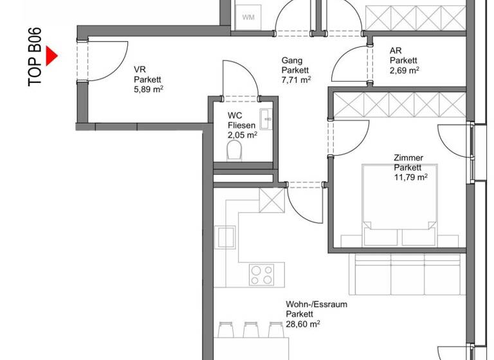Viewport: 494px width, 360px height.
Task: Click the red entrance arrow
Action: (x=52, y=57)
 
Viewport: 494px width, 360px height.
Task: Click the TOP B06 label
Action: (x=35, y=57)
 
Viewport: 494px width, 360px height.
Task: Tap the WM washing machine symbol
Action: (x=248, y=17)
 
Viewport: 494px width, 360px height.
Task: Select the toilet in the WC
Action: (x=235, y=151)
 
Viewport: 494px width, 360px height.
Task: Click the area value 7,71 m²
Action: (x=296, y=80)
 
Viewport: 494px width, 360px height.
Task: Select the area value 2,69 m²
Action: (x=405, y=70)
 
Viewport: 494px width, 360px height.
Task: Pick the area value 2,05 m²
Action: (x=242, y=135)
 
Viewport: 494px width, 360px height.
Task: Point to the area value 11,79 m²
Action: (x=410, y=177)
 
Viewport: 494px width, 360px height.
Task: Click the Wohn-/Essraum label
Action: (x=316, y=305)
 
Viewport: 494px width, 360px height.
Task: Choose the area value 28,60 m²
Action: (x=304, y=325)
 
